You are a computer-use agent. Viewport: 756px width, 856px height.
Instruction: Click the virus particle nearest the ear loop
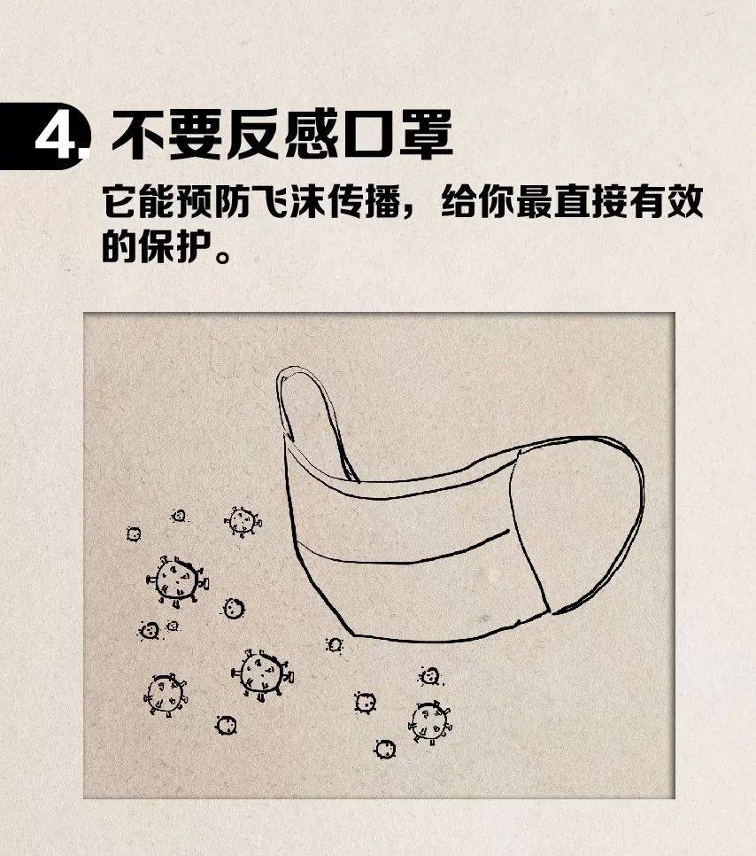[241, 520]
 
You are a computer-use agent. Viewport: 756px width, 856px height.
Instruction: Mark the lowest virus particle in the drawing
[385, 749]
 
